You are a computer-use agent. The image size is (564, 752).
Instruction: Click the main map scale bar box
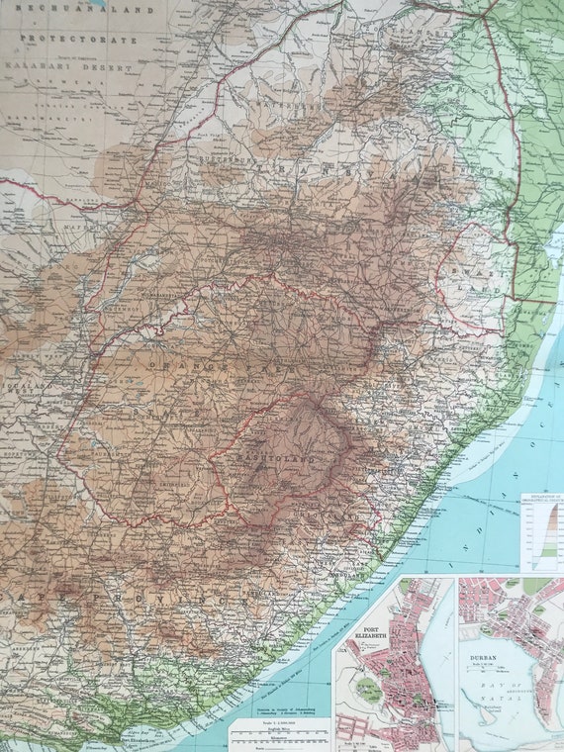(x=280, y=733)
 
